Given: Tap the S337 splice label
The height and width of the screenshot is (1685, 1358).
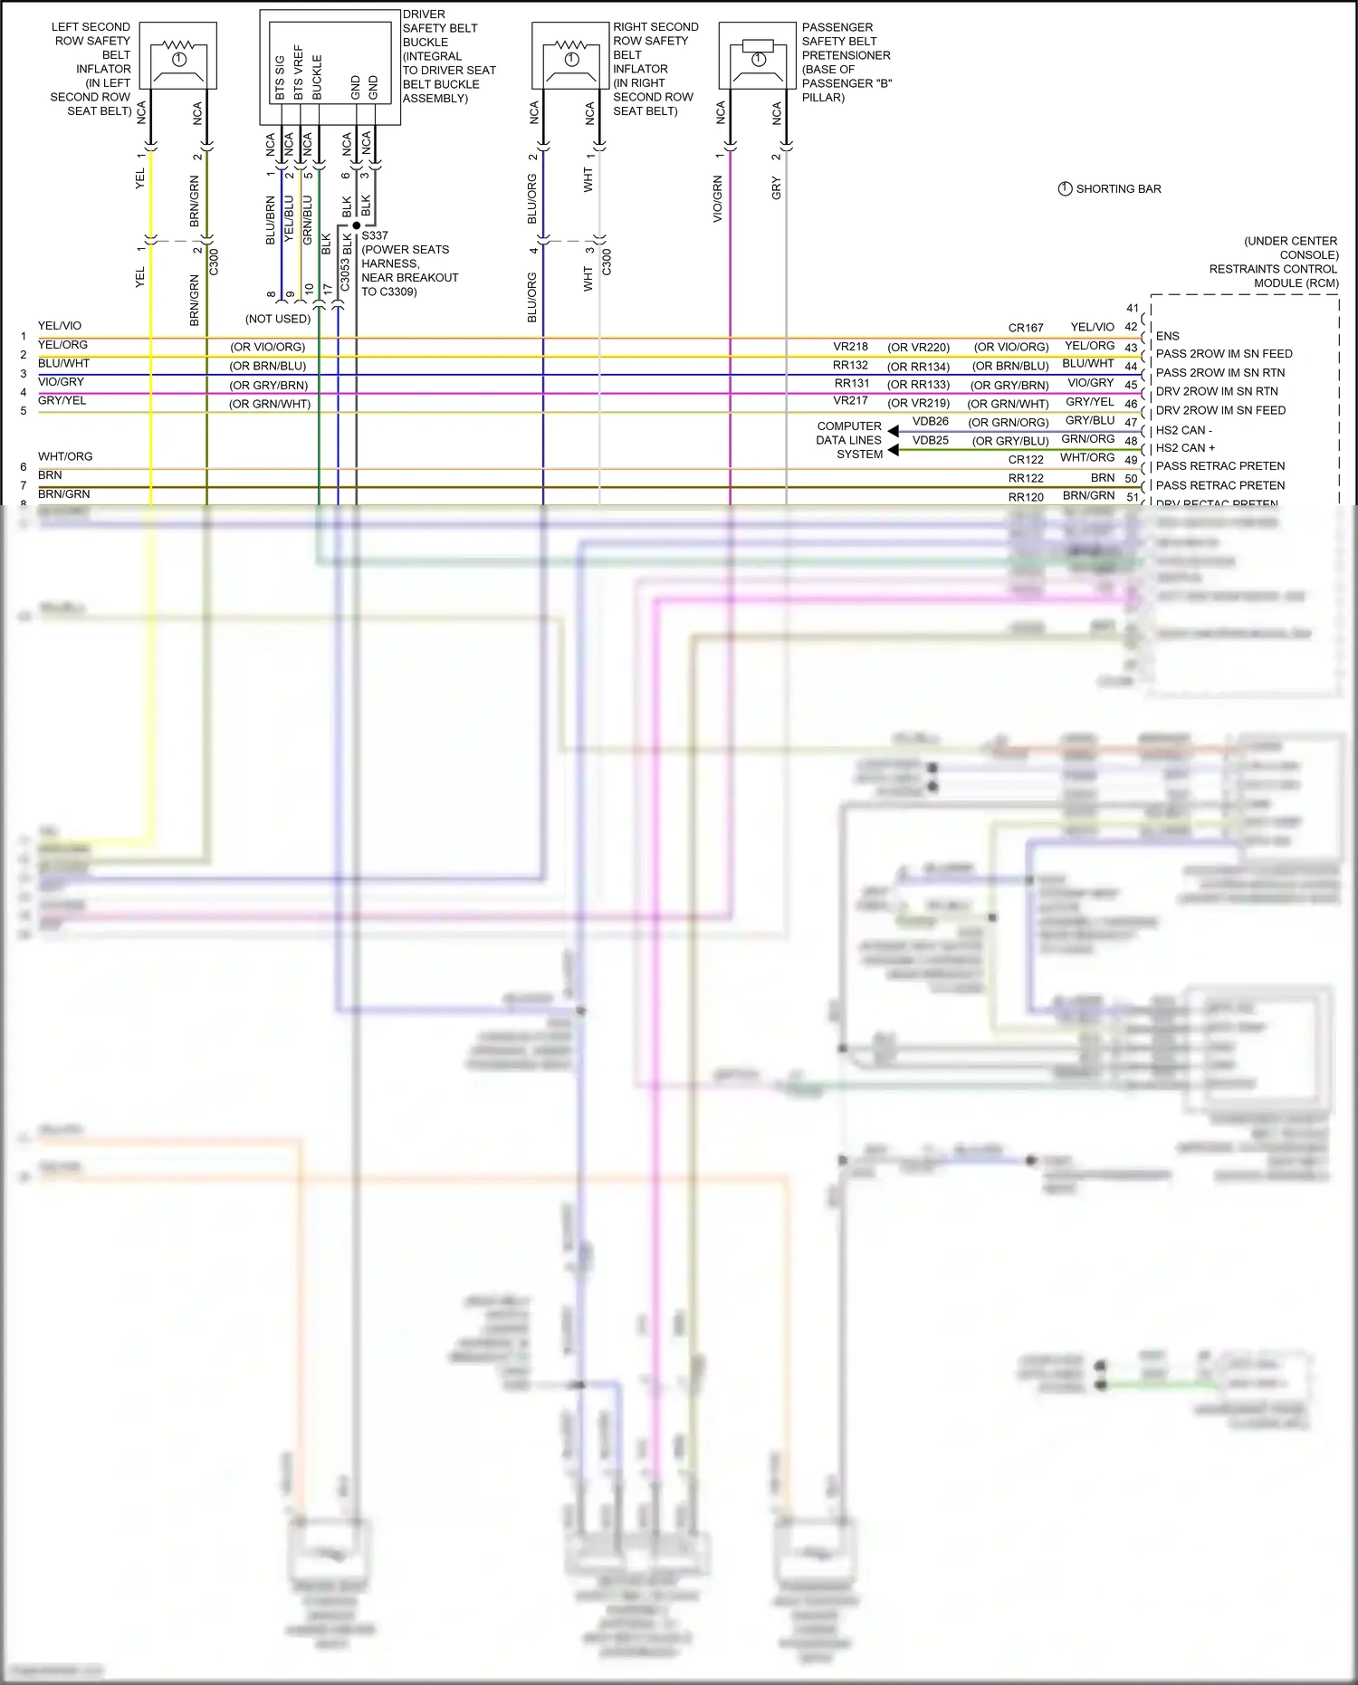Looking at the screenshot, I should pos(375,235).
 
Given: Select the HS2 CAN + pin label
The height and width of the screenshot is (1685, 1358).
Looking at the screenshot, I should pos(1185,448).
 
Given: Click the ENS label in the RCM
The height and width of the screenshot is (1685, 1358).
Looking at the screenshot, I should pos(1167,336).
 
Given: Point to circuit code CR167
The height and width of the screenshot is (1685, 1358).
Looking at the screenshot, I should pos(1026,328).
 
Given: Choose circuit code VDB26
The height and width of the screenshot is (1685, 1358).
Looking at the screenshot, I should pos(930,421).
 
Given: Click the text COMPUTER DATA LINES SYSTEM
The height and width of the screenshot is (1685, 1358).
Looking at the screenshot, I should pos(849,440).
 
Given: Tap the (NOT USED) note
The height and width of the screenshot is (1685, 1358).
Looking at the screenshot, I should pos(278,319).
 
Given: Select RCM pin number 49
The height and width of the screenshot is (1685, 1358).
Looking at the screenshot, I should pos(1131,460).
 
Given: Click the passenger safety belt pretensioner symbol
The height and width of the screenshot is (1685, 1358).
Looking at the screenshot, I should pos(758,55).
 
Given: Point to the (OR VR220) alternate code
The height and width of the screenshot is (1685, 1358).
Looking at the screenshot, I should pos(918,347).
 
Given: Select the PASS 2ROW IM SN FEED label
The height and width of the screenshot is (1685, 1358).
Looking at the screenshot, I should pos(1223,354).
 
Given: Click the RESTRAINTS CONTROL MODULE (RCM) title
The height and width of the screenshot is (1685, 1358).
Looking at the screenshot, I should pos(1273,269).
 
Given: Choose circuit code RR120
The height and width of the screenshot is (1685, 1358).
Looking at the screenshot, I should pos(1026,497).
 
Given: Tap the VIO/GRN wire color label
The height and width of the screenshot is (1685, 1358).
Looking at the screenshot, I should pos(718,199).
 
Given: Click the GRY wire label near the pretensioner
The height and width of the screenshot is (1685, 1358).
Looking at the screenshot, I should pos(776,188).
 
